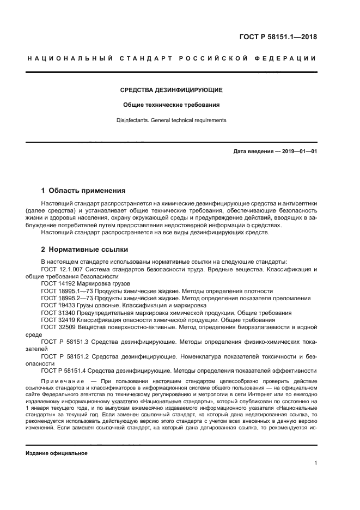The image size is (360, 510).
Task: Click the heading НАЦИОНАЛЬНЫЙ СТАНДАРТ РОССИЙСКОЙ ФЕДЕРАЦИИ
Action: [172, 58]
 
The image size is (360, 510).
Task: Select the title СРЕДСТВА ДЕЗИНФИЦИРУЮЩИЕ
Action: [171, 90]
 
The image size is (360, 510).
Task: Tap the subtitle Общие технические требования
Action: [171, 105]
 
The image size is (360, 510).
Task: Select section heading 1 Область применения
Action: [83, 191]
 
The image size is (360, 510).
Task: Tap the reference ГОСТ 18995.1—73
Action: [68, 291]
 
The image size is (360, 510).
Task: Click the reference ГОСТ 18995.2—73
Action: [68, 298]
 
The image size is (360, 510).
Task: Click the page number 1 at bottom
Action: [315, 463]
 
